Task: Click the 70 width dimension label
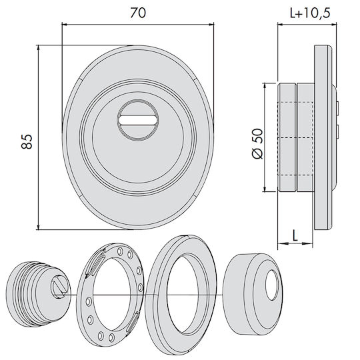138,13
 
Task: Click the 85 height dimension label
27,141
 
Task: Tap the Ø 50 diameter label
257,143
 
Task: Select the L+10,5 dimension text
310,13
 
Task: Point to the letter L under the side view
295,235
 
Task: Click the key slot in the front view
138,120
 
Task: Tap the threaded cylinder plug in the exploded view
39,294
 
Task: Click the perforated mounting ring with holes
110,295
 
